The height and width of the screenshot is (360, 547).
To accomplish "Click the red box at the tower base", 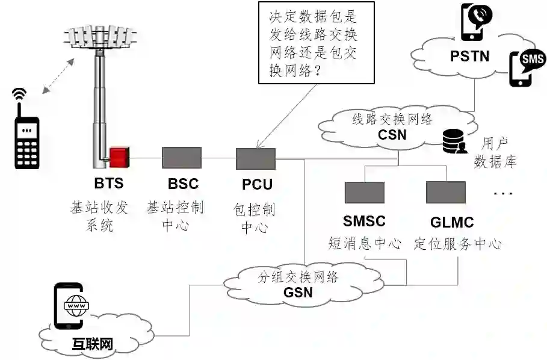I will coord(119,157).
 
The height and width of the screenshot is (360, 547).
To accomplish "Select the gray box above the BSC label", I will coord(181,158).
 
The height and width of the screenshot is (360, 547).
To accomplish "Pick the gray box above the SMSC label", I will coord(364,192).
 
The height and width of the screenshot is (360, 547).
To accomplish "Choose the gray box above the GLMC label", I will coord(446,192).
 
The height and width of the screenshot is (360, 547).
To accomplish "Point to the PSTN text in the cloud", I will coord(470,57).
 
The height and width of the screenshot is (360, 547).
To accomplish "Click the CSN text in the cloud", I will coord(392,134).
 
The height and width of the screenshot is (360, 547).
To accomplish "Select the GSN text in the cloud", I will coord(298,293).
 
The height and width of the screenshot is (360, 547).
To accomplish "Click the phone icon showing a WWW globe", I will coord(71,306).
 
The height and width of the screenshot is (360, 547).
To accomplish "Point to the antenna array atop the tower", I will coord(99,38).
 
